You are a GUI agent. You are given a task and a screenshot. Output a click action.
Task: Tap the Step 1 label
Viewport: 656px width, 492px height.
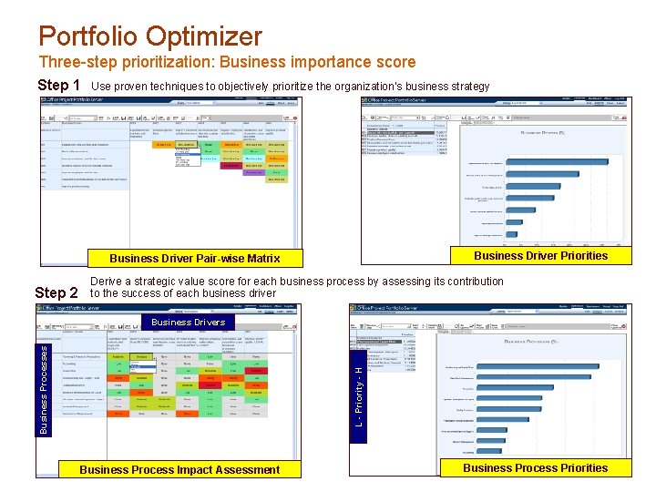pos(58,86)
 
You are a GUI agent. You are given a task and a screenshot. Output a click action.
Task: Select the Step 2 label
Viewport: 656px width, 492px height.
pos(56,293)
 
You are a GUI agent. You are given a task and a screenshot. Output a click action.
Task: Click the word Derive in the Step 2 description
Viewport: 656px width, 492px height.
pos(108,282)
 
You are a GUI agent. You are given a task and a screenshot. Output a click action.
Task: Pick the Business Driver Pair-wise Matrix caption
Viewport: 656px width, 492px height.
pos(194,259)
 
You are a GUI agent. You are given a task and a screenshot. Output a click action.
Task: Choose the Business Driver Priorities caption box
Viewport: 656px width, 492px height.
pos(540,256)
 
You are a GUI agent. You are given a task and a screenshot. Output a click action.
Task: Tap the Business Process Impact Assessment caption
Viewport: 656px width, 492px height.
pos(179,470)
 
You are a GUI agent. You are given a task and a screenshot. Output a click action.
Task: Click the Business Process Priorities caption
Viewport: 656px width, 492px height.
pos(535,468)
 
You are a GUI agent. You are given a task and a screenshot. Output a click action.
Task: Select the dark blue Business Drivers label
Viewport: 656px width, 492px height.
pos(188,322)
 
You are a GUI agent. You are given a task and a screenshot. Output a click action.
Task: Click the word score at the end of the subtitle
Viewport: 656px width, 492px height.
pos(397,62)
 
